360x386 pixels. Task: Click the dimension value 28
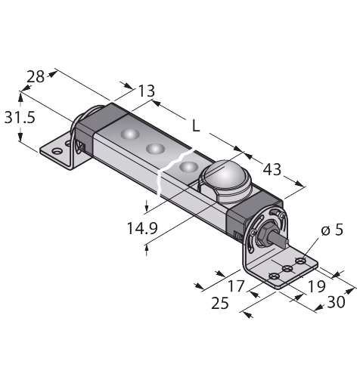tap(36, 77)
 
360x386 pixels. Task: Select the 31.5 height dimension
tap(20, 118)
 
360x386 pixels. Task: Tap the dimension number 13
tap(147, 91)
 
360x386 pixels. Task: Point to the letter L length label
tap(196, 125)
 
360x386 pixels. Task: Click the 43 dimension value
tap(272, 169)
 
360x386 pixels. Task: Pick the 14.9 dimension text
tap(142, 228)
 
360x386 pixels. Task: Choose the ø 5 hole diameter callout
tap(332, 230)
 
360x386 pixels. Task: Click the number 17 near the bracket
tap(236, 286)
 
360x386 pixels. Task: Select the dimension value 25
tap(220, 303)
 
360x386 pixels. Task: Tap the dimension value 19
tap(316, 286)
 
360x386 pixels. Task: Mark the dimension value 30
tap(336, 302)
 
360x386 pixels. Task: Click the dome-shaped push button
tap(225, 179)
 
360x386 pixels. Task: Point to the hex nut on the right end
tap(265, 233)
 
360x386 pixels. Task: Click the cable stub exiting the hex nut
tap(279, 239)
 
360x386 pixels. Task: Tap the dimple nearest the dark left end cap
tap(130, 134)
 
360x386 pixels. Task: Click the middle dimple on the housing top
tap(156, 149)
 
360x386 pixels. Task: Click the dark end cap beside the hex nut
tap(253, 212)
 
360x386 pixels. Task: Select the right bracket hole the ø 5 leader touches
tap(300, 261)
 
